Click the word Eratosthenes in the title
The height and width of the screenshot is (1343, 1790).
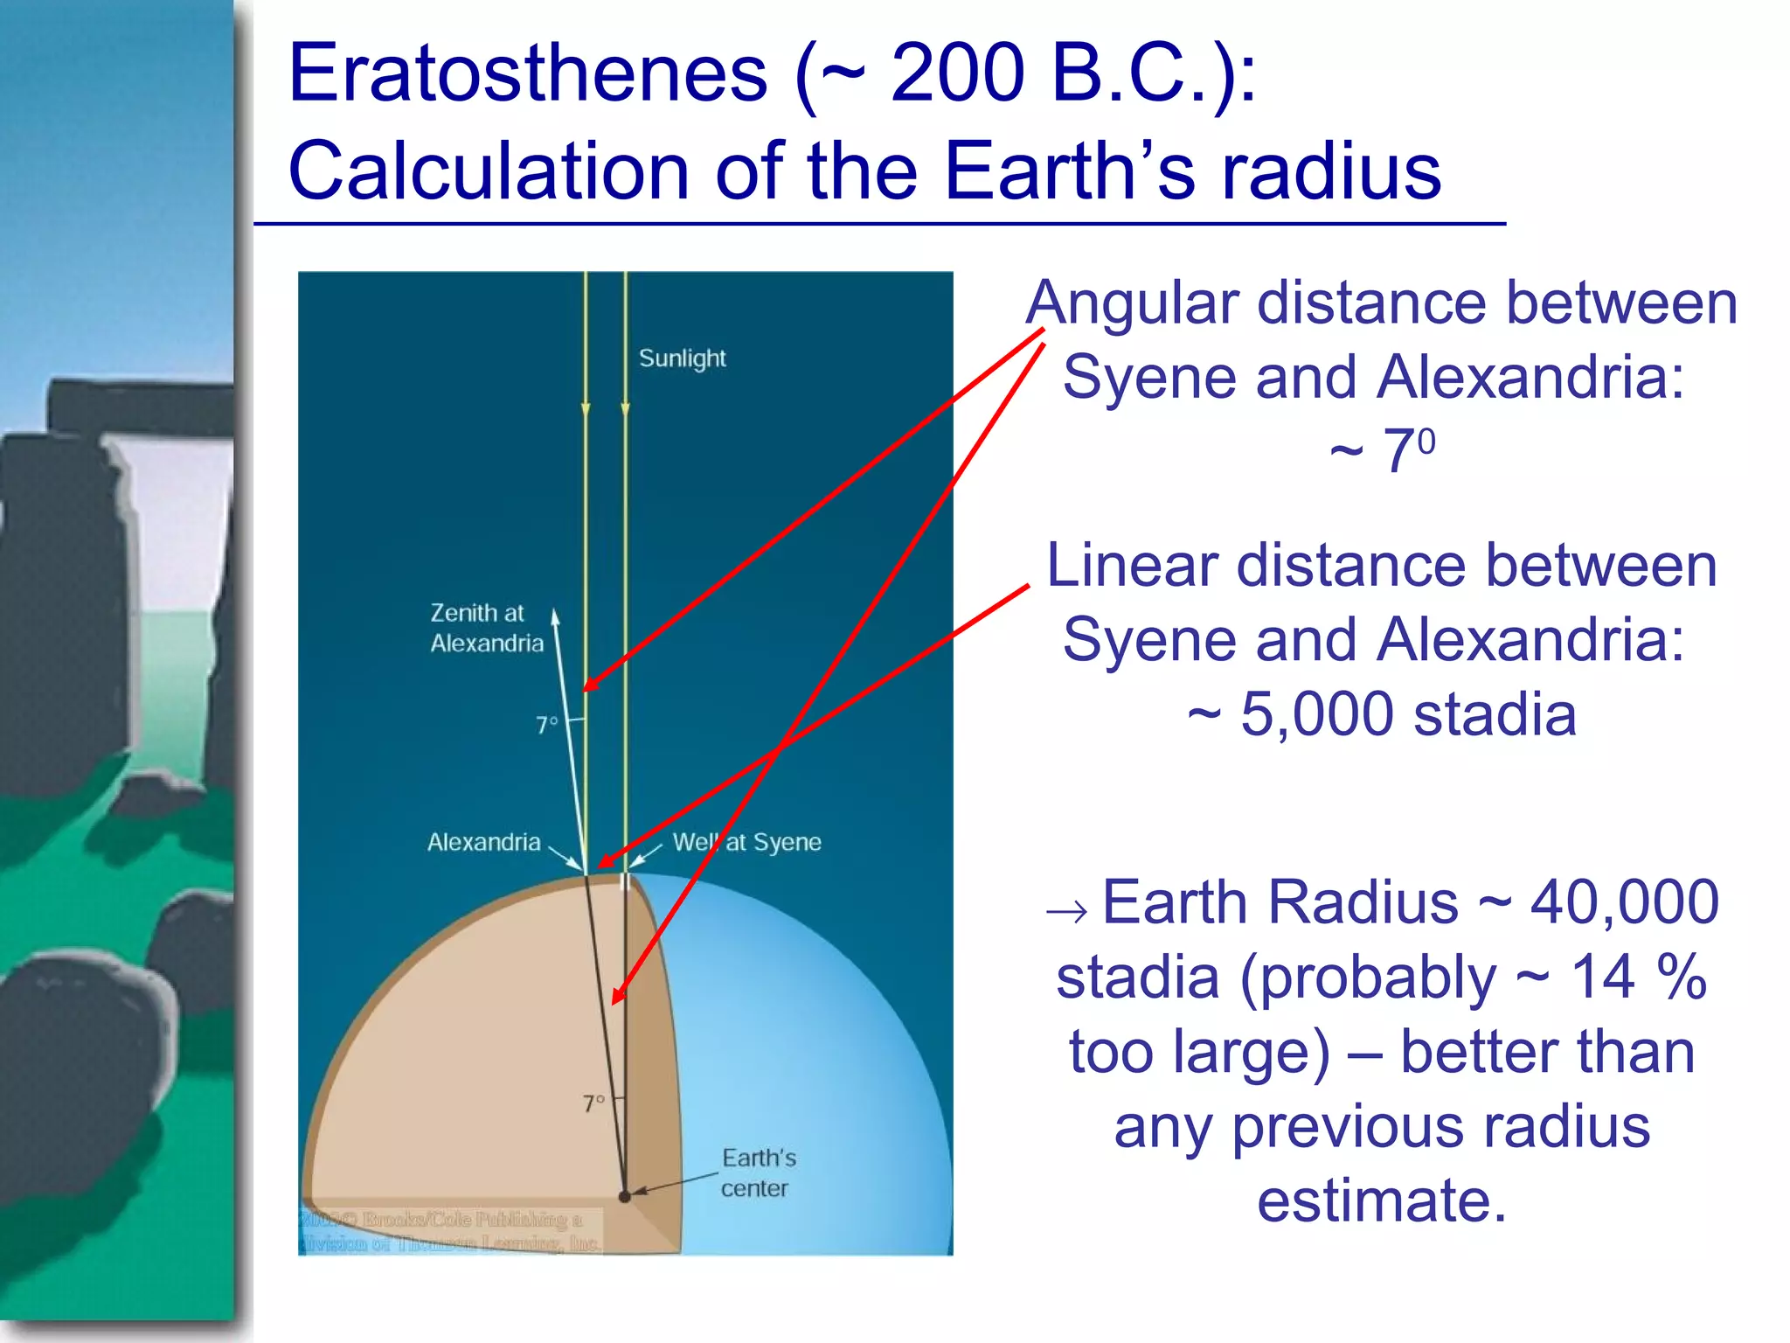[528, 73]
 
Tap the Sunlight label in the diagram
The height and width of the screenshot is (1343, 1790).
[682, 358]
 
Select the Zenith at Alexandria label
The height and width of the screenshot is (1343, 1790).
[486, 628]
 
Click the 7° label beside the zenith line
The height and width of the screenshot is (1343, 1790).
[546, 725]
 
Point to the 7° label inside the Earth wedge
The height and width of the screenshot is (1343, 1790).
[593, 1103]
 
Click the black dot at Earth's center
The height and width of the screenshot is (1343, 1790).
[624, 1196]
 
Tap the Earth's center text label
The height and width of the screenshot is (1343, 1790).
[758, 1173]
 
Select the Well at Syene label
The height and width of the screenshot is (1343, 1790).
[746, 842]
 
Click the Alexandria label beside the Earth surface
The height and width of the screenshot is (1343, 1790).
[483, 842]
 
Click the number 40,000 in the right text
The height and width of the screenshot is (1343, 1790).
[1624, 902]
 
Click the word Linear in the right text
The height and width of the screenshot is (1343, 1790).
[1133, 566]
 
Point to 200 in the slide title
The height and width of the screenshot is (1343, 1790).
[957, 73]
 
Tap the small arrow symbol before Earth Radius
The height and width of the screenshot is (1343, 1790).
[1066, 912]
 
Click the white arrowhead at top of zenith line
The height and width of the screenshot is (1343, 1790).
[555, 616]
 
